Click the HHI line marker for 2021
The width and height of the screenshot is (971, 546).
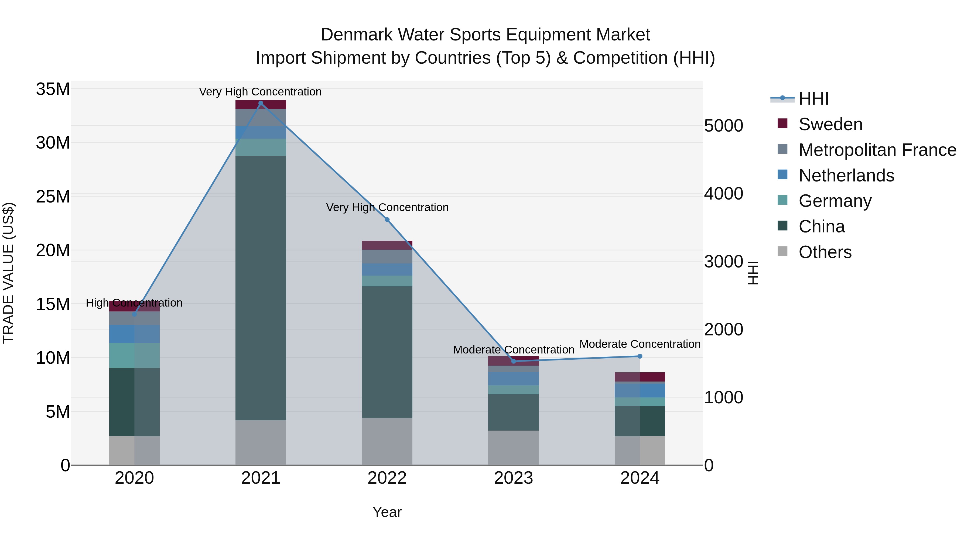[x=261, y=103]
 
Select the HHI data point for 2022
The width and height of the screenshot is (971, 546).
[x=387, y=220]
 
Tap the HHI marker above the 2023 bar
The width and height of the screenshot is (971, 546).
[x=513, y=361]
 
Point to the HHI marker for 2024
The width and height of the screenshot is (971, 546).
[x=640, y=356]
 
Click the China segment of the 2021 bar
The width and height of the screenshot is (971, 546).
[x=261, y=286]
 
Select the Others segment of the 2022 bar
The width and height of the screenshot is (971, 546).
[x=387, y=441]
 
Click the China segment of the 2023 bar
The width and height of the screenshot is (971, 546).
[x=513, y=412]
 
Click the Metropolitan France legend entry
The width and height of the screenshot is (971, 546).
[x=877, y=150]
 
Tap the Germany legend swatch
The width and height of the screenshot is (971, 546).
[x=782, y=200]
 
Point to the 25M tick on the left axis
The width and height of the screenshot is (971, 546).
[x=53, y=197]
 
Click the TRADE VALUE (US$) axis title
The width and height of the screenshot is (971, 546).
[x=9, y=273]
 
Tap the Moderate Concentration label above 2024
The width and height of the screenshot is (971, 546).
[x=640, y=344]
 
